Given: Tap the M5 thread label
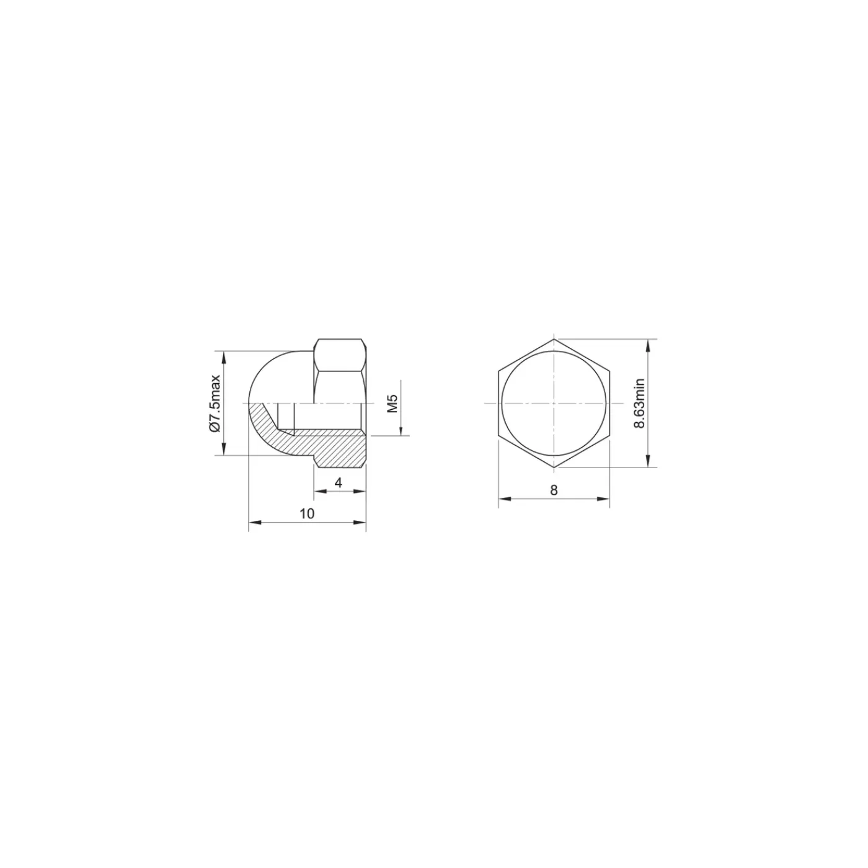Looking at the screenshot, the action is pos(393,403).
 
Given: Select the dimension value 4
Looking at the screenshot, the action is pos(339,483).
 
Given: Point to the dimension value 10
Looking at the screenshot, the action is pos(307,513).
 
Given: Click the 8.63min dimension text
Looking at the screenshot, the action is pos(639,403).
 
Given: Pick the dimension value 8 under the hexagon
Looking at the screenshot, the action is pos(554,490).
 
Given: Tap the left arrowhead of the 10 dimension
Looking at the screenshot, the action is pos(254,523).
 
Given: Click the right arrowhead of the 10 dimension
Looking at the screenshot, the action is pos(360,523).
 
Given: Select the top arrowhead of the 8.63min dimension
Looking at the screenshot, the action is pos(648,345).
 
